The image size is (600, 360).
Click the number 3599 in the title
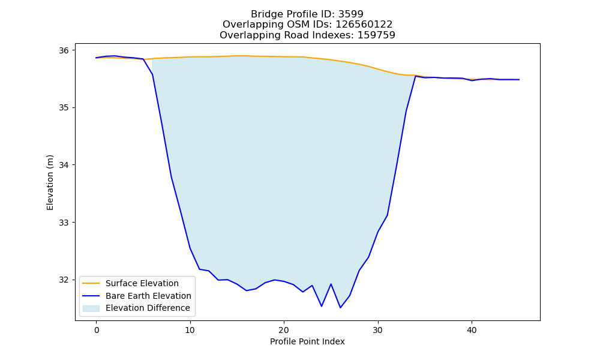(x=351, y=14)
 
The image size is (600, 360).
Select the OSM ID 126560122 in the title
(x=364, y=25)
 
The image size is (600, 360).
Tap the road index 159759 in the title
(x=376, y=35)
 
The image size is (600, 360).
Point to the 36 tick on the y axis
(x=64, y=50)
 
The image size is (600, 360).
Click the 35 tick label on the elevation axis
(x=64, y=108)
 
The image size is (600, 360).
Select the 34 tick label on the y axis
(x=64, y=165)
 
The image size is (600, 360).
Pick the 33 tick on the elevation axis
(x=64, y=223)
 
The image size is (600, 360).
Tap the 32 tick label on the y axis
(x=64, y=280)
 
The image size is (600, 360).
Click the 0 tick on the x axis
(x=97, y=330)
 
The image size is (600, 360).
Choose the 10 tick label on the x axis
(x=190, y=330)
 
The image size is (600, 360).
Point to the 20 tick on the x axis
(x=284, y=330)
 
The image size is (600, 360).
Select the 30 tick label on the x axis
(x=378, y=330)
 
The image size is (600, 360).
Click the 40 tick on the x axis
(x=472, y=330)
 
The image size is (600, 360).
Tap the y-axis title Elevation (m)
(x=50, y=182)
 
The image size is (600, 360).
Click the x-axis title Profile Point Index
(x=307, y=341)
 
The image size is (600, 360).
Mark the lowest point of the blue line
(x=340, y=308)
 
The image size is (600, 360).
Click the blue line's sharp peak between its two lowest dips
(x=331, y=284)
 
